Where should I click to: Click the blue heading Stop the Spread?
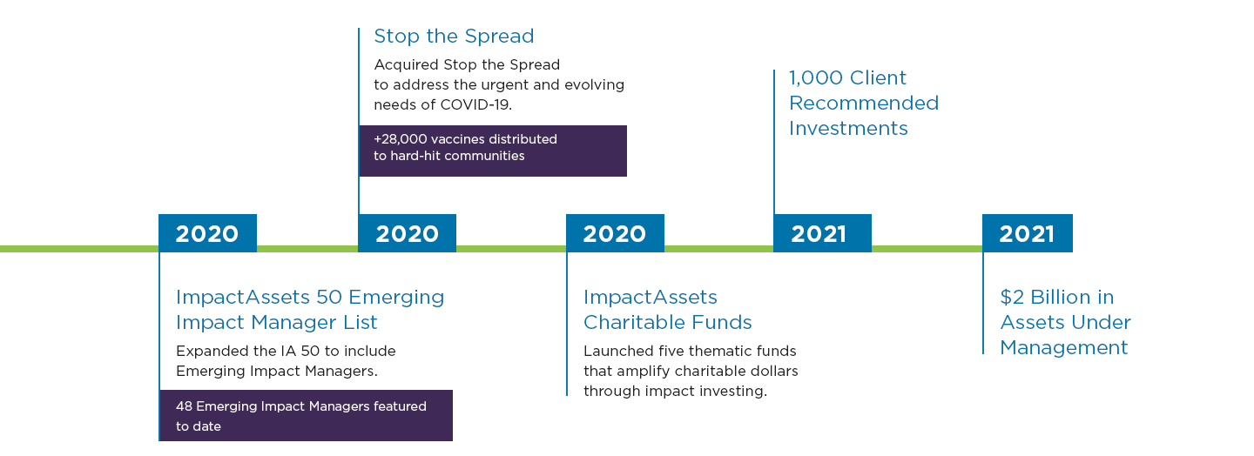[454, 37]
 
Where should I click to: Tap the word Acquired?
[407, 65]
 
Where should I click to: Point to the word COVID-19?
[475, 105]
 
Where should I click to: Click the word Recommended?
[864, 104]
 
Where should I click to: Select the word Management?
[1063, 348]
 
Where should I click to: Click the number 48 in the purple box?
[184, 406]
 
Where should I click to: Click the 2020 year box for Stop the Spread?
[407, 233]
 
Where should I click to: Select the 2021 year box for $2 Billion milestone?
[1028, 233]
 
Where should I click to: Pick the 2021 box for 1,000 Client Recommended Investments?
[822, 233]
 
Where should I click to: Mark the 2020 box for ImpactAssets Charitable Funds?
[615, 233]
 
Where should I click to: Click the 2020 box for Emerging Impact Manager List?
[207, 233]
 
